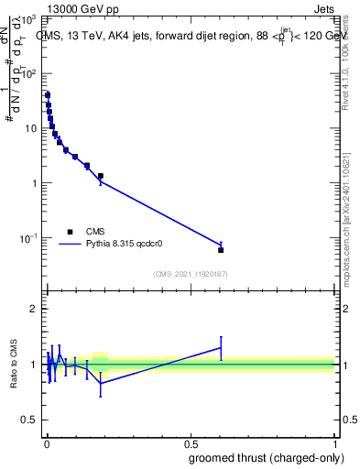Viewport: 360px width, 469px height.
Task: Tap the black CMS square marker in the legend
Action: pos(69,232)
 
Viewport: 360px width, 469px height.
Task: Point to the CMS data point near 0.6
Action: pos(221,249)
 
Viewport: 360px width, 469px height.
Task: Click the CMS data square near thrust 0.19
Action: pos(101,176)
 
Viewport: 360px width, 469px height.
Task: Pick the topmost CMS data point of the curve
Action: pos(48,95)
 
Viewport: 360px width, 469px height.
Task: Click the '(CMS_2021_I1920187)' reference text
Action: pos(189,274)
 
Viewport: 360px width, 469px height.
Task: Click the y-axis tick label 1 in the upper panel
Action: pos(34,183)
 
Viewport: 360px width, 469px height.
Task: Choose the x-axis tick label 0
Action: pos(46,442)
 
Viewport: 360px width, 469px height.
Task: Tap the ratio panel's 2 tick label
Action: pos(34,310)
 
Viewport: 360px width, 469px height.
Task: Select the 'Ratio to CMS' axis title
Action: pos(14,364)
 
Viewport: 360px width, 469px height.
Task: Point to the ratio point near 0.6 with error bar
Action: pos(221,347)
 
